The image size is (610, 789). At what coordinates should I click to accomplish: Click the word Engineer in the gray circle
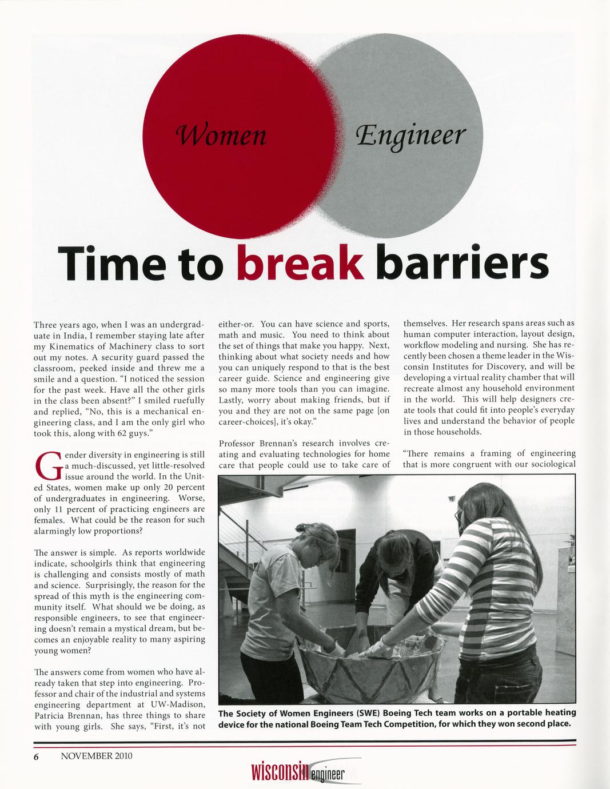point(411,136)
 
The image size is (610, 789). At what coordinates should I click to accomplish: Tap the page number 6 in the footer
point(36,756)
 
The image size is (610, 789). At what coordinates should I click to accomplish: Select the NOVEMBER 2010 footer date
point(97,756)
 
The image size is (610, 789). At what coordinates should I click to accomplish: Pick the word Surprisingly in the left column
point(111,585)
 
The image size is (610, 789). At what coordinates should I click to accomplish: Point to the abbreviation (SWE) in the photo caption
point(358,713)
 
